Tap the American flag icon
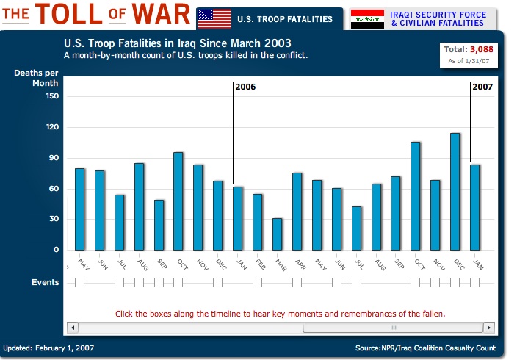[x=214, y=18]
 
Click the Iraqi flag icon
[x=367, y=19]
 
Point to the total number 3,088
[x=482, y=49]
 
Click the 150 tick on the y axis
[x=51, y=96]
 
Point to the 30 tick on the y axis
[x=54, y=219]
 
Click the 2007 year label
[x=482, y=87]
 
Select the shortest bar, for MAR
[x=277, y=234]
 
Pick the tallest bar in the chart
[x=455, y=191]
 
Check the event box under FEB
[x=257, y=282]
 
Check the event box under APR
[x=297, y=282]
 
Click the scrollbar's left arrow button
[x=71, y=327]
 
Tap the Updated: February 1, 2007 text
[x=48, y=348]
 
